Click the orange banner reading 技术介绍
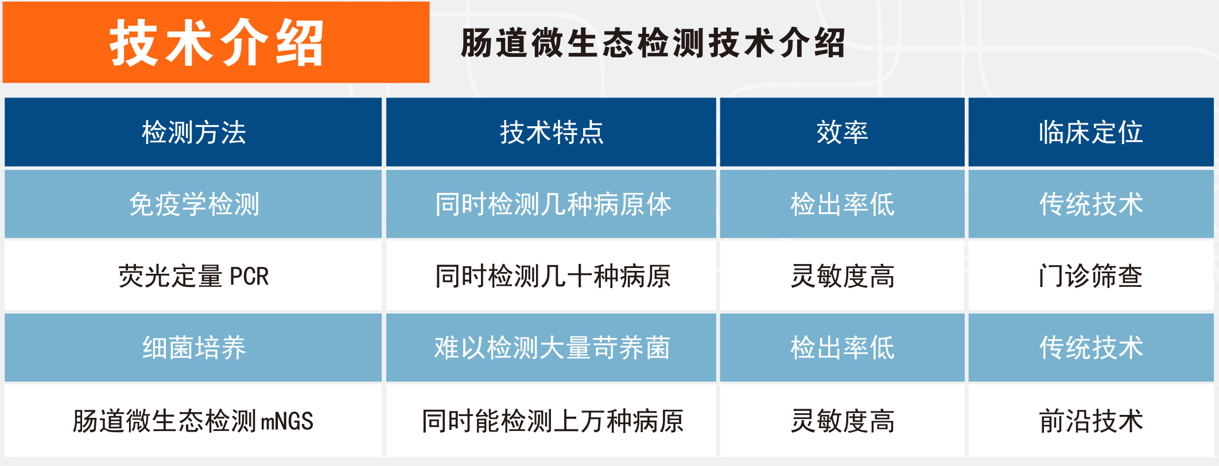tap(216, 42)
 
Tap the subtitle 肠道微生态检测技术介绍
tap(653, 43)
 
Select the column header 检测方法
tap(194, 133)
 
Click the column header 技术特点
tap(552, 133)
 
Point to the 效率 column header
tap(842, 133)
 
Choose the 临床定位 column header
tap(1090, 133)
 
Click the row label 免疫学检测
tap(194, 204)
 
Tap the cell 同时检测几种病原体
tap(553, 204)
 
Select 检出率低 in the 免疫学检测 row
tap(842, 204)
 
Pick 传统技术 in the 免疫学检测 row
tap(1090, 204)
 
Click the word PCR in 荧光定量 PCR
tap(249, 277)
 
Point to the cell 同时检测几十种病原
tap(553, 276)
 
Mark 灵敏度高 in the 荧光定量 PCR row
tap(842, 276)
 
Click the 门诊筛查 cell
tap(1090, 276)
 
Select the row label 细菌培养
tap(194, 348)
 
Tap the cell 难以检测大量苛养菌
tap(552, 348)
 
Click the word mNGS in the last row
tap(287, 421)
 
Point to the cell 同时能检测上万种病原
tap(553, 421)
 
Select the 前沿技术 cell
tap(1090, 421)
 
